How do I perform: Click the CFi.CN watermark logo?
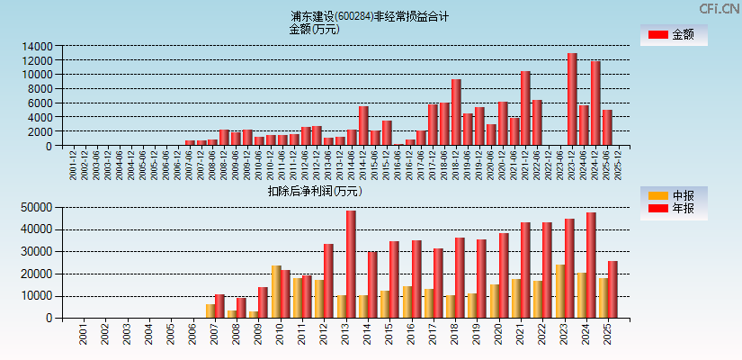tap(720, 9)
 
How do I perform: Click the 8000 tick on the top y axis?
tap(40, 88)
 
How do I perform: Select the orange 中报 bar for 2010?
tap(276, 292)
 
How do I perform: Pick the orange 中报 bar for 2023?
tap(560, 291)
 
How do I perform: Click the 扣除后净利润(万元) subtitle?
tap(315, 191)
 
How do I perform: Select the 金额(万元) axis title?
tap(314, 29)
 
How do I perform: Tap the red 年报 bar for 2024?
tap(591, 265)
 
